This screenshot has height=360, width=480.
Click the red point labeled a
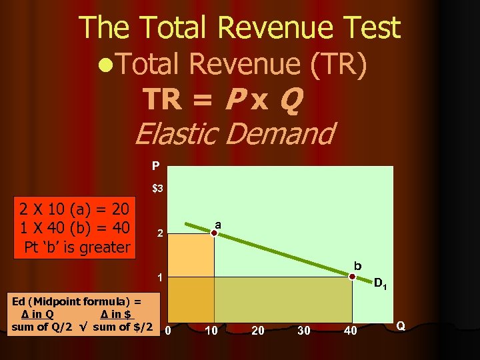(x=215, y=233)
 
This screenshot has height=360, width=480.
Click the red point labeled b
(x=352, y=276)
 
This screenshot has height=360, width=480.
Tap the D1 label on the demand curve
(x=381, y=285)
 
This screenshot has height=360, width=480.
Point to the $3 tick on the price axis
(x=158, y=189)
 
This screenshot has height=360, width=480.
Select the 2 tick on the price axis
(x=159, y=234)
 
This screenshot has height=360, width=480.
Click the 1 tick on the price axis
(x=159, y=277)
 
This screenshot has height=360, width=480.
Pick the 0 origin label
(x=168, y=330)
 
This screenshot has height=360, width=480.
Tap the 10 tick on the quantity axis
(x=212, y=330)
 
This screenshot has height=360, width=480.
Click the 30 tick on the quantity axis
(x=304, y=330)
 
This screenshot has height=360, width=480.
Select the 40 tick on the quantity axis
(x=351, y=330)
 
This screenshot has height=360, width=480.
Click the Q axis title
(x=401, y=325)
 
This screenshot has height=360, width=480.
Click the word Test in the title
(x=369, y=28)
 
